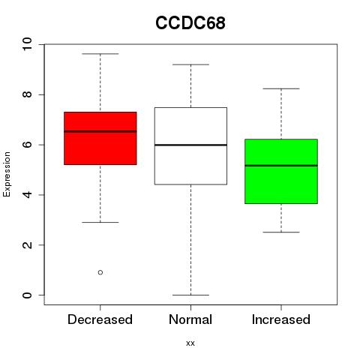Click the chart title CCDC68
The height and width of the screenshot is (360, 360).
click(190, 23)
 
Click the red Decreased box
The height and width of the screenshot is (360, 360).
click(100, 138)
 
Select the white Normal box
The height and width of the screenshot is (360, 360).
click(190, 146)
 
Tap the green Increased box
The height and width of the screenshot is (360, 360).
click(281, 171)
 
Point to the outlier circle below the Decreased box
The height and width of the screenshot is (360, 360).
click(100, 272)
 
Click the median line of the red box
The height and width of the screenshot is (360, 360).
click(100, 131)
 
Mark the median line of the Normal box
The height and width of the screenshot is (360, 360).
click(190, 145)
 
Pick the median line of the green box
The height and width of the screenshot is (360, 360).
click(281, 166)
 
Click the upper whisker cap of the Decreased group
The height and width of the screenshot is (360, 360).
click(100, 54)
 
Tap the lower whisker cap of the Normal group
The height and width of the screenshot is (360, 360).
click(190, 295)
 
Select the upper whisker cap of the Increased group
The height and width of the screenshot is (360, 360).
click(281, 88)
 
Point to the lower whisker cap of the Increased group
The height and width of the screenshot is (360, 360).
click(281, 232)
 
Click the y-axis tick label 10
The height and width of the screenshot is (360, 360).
click(27, 44)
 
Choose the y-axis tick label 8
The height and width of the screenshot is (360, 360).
click(27, 94)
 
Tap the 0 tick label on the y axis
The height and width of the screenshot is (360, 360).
click(27, 295)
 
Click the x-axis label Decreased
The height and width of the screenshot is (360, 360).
click(100, 319)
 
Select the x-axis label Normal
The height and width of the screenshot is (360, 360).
click(190, 319)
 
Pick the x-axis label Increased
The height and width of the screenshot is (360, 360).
click(281, 319)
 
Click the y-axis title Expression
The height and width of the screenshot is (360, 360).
click(7, 174)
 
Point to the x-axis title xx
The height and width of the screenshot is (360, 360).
click(190, 343)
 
